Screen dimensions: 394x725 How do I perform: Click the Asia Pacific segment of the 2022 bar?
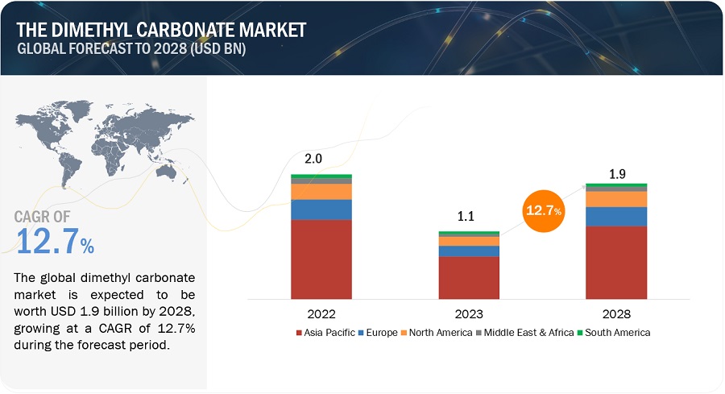point(321,259)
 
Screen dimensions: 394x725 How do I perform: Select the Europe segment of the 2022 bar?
point(321,209)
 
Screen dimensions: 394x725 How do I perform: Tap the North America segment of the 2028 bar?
point(616,198)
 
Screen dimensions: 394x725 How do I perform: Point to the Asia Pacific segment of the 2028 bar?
point(616,263)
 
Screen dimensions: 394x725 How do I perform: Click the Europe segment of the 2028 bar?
point(616,216)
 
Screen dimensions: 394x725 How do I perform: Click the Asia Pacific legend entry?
point(325,332)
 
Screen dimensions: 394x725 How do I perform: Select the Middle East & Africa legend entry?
point(527,332)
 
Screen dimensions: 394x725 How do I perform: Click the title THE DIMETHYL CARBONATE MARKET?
point(160,30)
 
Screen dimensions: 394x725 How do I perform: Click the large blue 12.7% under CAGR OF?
point(55,243)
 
